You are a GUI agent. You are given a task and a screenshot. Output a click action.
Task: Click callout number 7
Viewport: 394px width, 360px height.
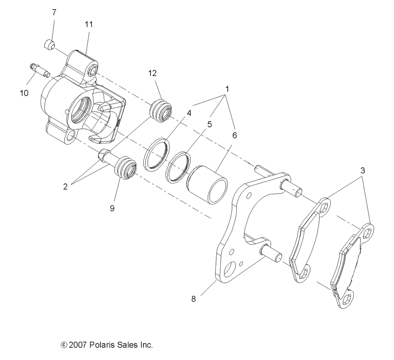point(54,12)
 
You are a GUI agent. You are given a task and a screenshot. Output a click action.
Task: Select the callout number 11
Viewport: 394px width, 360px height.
point(89,24)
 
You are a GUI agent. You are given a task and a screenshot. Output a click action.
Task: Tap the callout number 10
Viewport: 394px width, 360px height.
point(24,93)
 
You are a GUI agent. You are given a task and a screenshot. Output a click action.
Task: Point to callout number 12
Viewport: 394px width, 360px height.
point(152,73)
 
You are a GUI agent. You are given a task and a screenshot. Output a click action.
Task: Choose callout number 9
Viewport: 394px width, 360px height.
point(112,208)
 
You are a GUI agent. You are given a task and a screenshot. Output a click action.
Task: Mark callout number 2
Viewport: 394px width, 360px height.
point(65,187)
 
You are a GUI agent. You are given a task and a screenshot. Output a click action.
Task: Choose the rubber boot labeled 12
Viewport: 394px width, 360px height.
point(162,111)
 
